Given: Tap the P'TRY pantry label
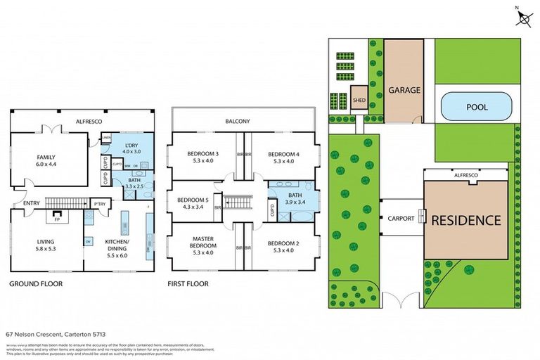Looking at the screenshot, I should [x=99, y=204].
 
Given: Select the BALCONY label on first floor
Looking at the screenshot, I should [x=238, y=121].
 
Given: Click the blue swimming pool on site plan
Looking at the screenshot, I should [x=476, y=107].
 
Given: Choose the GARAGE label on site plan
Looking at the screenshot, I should [x=404, y=90].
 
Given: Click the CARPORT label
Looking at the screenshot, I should [x=401, y=219].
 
